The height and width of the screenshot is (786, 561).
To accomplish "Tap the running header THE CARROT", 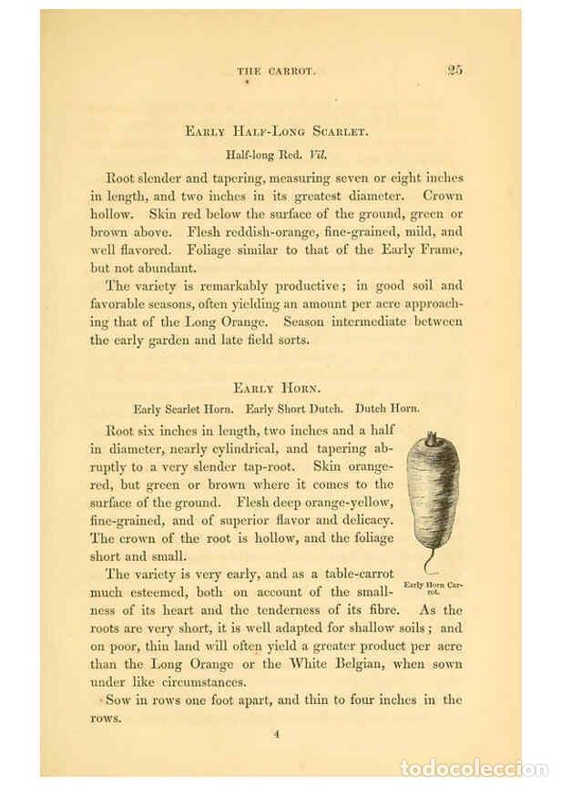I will click(x=276, y=72).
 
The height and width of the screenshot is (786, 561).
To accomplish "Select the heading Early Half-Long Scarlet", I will click(x=276, y=132).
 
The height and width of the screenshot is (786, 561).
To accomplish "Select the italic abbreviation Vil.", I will click(x=317, y=154).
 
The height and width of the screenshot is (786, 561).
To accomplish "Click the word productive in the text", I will click(x=265, y=284).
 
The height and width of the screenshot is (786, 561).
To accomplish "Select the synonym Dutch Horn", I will click(x=387, y=409).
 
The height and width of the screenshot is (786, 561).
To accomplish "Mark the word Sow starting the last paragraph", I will click(x=117, y=700).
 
